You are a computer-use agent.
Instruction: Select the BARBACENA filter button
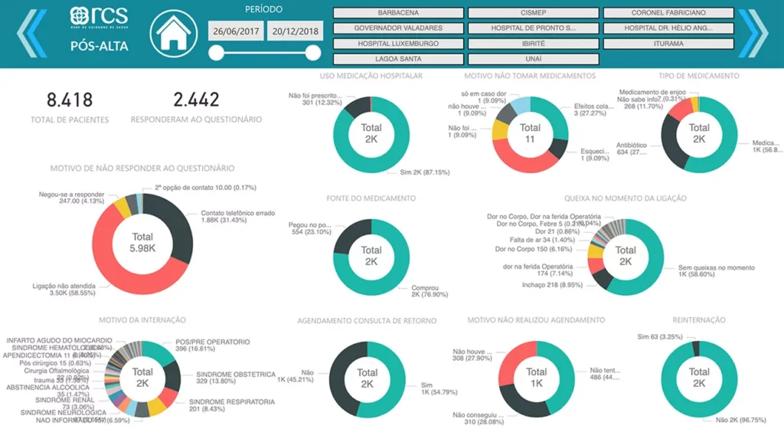398,13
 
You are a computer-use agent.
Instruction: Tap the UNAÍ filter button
533,59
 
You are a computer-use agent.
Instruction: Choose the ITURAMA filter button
668,44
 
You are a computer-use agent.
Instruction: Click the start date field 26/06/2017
235,31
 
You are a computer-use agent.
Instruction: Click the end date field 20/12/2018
294,31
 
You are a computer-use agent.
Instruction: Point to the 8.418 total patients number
70,100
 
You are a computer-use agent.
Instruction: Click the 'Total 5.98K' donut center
142,243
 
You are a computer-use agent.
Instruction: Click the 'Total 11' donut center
530,133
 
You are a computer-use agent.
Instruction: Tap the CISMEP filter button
533,13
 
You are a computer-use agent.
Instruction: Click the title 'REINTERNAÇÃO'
699,320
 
